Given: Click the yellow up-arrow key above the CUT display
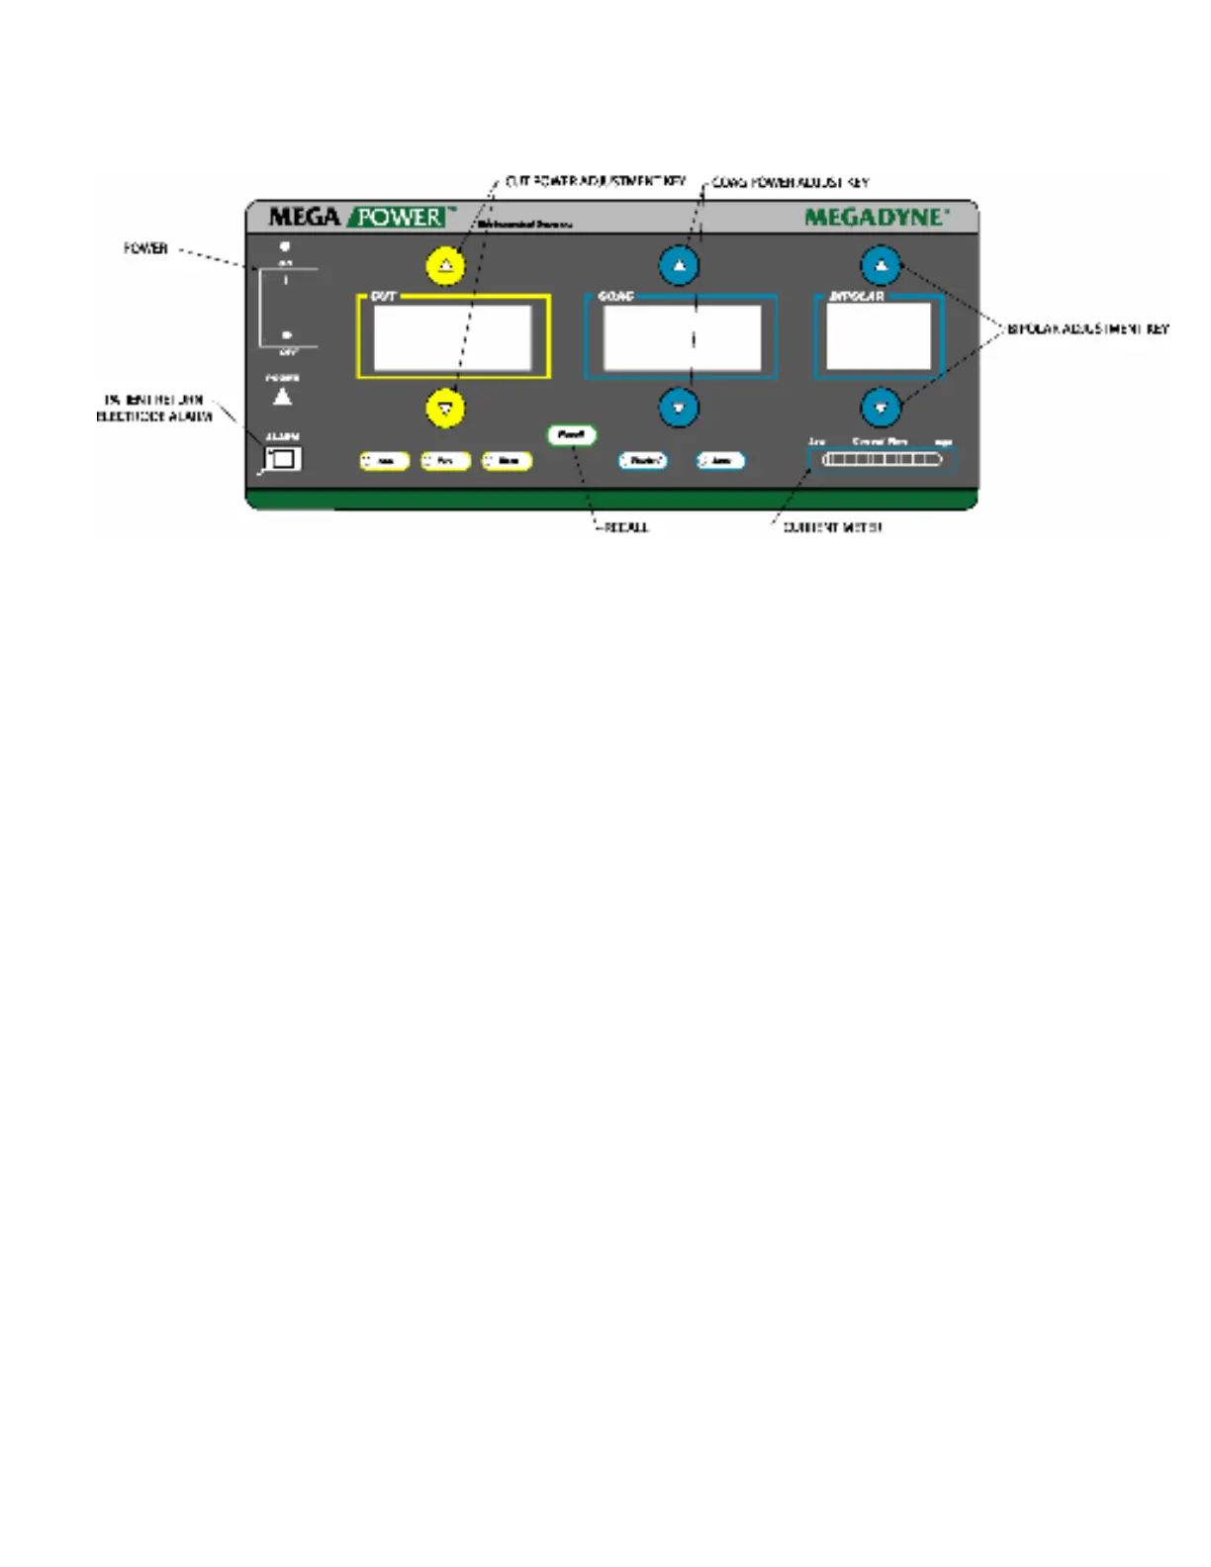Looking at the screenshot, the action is pos(445,265).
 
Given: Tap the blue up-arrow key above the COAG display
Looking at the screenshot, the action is pos(679,265).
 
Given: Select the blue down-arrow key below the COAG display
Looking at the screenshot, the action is pos(679,408).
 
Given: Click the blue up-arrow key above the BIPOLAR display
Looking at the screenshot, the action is pos(881,265).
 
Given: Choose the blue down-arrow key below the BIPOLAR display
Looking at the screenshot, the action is pos(881,408).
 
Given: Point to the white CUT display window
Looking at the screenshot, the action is pos(452,337).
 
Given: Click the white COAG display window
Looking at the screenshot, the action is pos(682,337).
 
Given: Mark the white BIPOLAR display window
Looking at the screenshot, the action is pos(879,336).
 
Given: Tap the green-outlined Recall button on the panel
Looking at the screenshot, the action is pos(571,434).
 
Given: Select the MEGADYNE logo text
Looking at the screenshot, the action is pos(876,217).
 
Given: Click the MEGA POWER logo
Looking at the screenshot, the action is pos(361,217).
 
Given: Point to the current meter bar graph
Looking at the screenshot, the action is pos(882,459).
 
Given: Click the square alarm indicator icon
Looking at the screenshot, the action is pos(284,459).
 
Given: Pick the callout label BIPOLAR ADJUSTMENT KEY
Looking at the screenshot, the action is pos(1087,328).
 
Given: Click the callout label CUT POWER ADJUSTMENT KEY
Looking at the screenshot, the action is pos(595,182).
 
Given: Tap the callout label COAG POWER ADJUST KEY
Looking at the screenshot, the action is pos(791,183).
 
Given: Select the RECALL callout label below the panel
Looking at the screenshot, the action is pos(625,527).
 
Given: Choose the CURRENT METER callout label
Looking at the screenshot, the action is pos(832,527).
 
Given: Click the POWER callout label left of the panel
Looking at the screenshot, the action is pos(145,248).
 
